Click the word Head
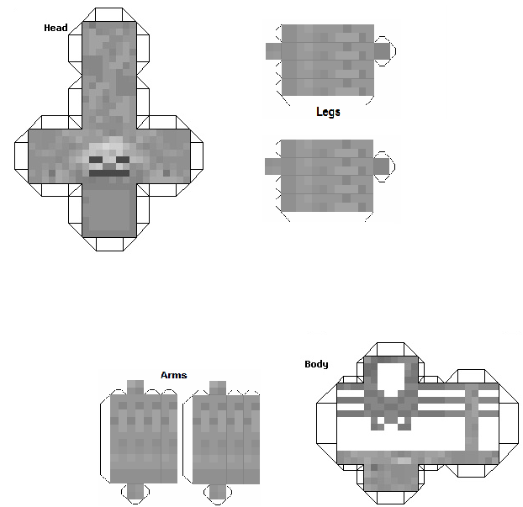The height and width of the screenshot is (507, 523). click(x=55, y=28)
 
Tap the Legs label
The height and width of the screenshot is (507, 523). click(x=328, y=112)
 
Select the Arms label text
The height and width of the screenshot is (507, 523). click(x=174, y=375)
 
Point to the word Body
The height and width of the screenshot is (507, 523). click(x=316, y=364)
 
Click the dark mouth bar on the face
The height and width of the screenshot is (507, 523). click(x=109, y=173)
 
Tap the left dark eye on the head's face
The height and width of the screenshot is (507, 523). click(x=96, y=160)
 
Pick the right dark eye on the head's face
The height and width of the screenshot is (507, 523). click(x=123, y=160)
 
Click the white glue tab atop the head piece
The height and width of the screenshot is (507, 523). click(x=109, y=14)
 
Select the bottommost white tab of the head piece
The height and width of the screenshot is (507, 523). click(x=109, y=244)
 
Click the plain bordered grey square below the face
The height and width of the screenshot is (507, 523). click(x=109, y=210)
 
